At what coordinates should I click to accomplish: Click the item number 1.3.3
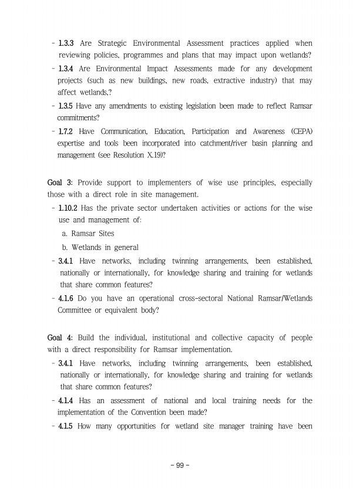pyautogui.click(x=68, y=43)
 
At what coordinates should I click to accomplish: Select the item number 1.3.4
pyautogui.click(x=68, y=68)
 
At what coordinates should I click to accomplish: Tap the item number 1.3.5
pyautogui.click(x=68, y=106)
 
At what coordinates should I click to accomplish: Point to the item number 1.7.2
pyautogui.click(x=68, y=131)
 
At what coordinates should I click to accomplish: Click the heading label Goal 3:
pyautogui.click(x=60, y=183)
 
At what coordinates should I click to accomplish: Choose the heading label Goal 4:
pyautogui.click(x=60, y=338)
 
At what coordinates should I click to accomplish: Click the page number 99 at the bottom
pyautogui.click(x=180, y=465)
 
